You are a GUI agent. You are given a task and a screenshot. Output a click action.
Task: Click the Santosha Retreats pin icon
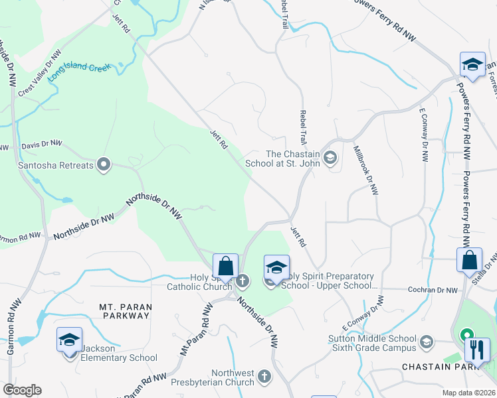point(103,165)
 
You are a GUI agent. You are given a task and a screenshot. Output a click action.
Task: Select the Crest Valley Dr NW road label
point(41,73)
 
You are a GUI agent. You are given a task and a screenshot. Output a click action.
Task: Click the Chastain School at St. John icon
point(332,158)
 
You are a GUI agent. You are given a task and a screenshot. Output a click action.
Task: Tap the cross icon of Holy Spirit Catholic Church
point(243,281)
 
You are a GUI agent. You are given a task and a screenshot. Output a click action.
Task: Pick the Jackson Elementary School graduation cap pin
point(69,340)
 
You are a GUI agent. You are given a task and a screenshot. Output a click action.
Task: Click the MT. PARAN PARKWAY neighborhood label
point(125,311)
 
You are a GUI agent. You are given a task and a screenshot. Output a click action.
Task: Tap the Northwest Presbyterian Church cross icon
point(264,377)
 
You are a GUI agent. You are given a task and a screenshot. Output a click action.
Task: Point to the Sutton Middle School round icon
point(426,343)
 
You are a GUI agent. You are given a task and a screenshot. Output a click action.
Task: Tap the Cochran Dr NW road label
point(434,291)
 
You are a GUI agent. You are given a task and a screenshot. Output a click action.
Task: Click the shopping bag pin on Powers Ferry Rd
point(469,260)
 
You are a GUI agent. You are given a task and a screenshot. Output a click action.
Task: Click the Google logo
point(23,391)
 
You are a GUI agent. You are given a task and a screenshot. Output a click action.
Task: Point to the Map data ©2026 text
point(468,393)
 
